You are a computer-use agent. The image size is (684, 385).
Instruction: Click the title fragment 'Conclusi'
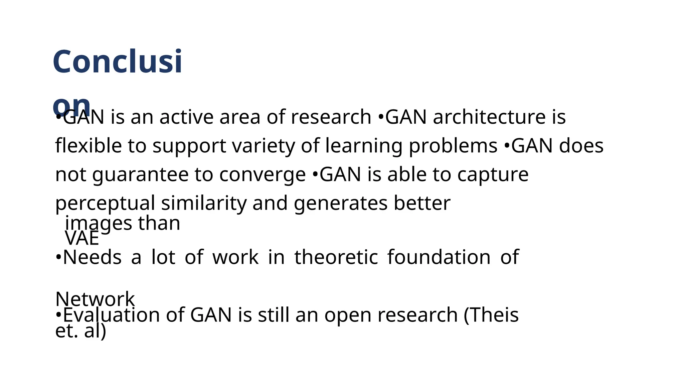[x=117, y=62]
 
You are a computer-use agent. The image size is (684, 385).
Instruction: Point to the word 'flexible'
[x=89, y=146]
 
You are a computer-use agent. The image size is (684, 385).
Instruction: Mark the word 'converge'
[x=263, y=175]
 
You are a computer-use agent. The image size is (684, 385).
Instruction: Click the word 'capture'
[x=493, y=175]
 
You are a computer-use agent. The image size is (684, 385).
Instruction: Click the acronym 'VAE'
[x=82, y=239]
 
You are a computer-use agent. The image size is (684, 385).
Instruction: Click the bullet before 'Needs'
[x=58, y=258]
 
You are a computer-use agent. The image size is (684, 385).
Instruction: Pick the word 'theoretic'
[x=336, y=257]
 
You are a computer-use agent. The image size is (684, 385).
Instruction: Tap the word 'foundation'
[x=439, y=257]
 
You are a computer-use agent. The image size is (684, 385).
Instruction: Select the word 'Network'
[x=95, y=299]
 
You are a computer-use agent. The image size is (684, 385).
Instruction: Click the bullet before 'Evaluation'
[x=58, y=315]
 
